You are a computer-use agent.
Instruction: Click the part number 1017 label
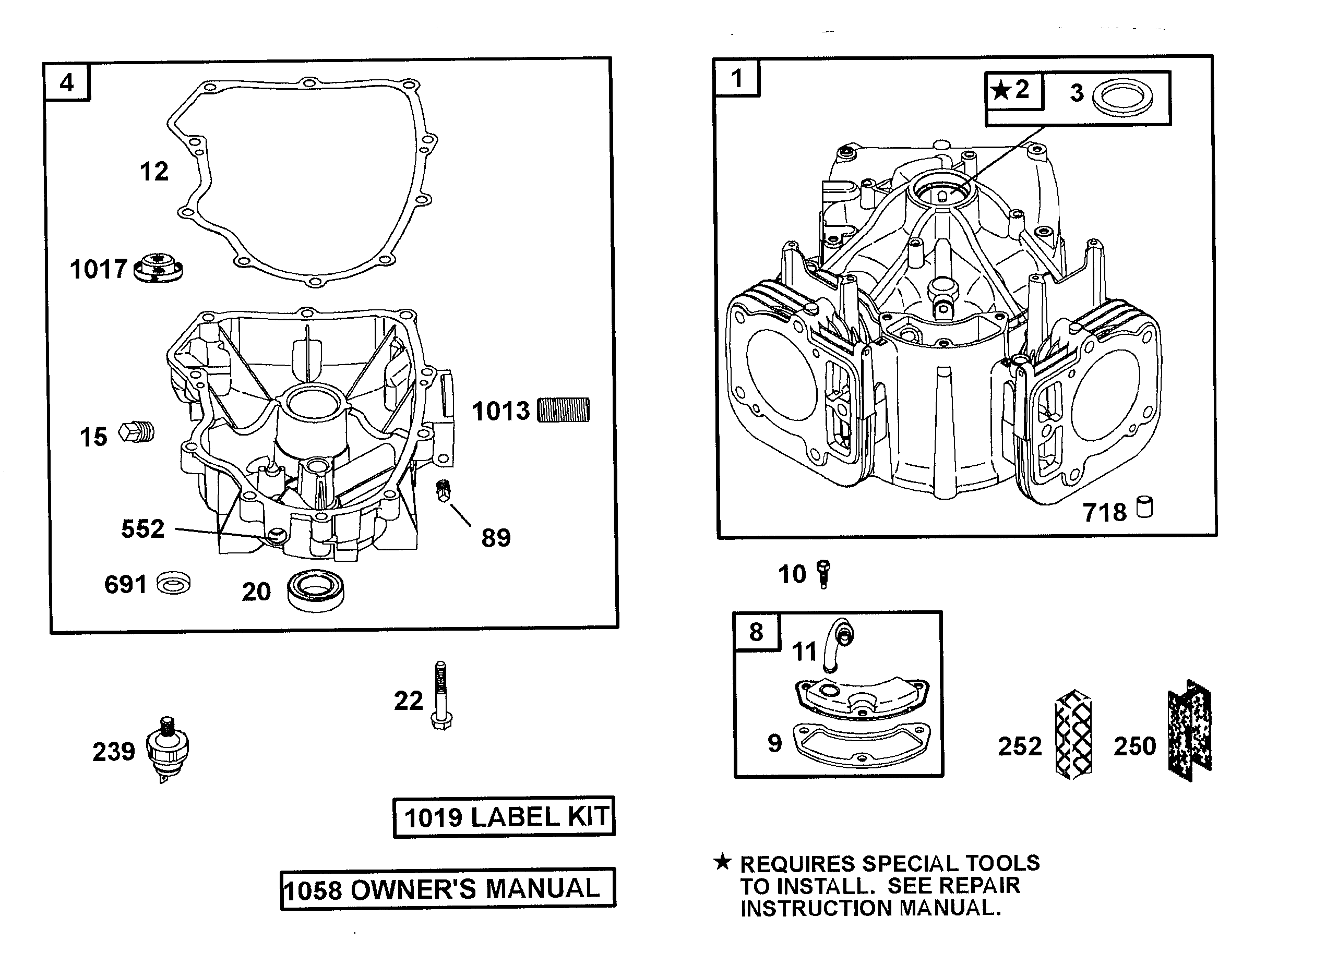pos(98,270)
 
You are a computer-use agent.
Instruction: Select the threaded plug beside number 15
pos(137,433)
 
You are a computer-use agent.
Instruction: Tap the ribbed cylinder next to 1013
pos(563,409)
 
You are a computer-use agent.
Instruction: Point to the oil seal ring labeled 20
pos(316,591)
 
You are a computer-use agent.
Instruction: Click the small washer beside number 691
pos(174,583)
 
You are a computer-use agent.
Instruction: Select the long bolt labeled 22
pos(441,695)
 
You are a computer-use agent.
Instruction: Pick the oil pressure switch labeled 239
pos(168,749)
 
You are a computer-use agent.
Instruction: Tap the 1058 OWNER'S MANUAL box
pos(448,888)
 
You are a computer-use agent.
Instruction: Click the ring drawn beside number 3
pos(1122,95)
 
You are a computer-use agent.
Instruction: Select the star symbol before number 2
pos(1001,91)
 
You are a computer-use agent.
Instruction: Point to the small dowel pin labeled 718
pos(1145,507)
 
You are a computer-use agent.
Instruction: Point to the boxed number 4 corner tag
pos(67,82)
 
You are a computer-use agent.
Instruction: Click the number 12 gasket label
pos(154,172)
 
